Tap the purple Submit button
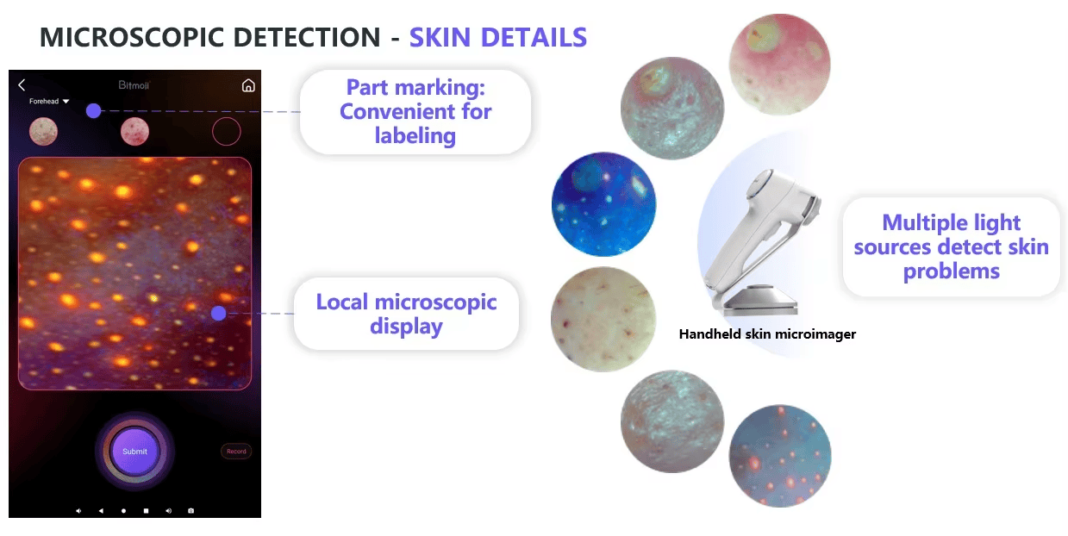pos(135,452)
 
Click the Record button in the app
pos(236,452)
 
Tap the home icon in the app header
pos(248,86)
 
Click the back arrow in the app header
pos(22,85)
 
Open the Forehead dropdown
pos(49,101)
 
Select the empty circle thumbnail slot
pos(227,132)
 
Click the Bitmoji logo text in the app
pos(134,85)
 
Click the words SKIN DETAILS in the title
pos(498,38)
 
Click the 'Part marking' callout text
pos(415,111)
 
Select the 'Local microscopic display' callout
pos(406,314)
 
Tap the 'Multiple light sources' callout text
pos(951,246)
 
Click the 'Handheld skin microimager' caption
pos(767,334)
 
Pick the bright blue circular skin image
pos(603,204)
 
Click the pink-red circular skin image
pos(780,65)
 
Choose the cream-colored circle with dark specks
pos(603,319)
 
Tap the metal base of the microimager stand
pos(759,300)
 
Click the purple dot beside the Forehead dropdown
pos(93,111)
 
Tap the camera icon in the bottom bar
pos(190,511)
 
